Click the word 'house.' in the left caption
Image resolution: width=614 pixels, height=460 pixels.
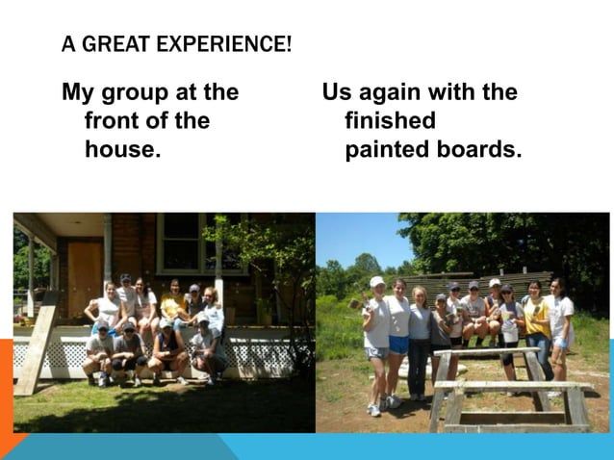point(122,150)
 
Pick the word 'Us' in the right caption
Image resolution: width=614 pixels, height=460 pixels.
point(338,92)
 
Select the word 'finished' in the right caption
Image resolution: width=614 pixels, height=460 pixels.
point(390,121)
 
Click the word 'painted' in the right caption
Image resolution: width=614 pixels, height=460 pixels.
point(388,150)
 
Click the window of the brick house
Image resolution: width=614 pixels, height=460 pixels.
point(181,241)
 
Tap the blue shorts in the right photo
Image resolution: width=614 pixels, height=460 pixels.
point(398,344)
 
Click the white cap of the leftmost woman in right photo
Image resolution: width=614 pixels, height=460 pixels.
point(377,282)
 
